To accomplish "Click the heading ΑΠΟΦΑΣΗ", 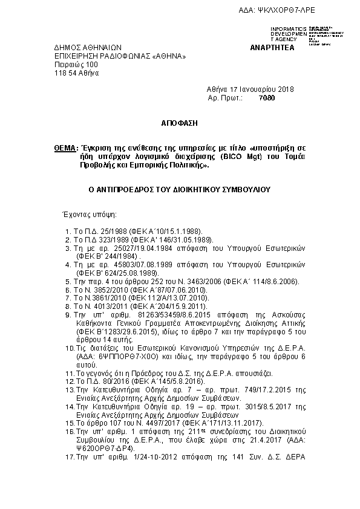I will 180,123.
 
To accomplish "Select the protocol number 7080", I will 267,97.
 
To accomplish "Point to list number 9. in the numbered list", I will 68,315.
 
